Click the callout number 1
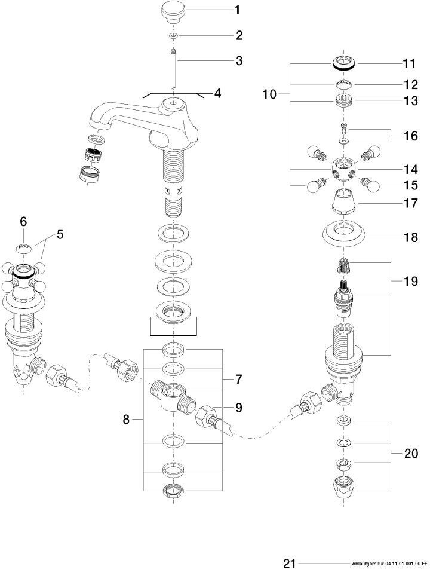click(x=220, y=10)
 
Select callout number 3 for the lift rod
click(x=222, y=60)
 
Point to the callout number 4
click(x=218, y=94)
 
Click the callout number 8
click(x=126, y=420)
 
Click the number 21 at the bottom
click(x=290, y=562)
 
